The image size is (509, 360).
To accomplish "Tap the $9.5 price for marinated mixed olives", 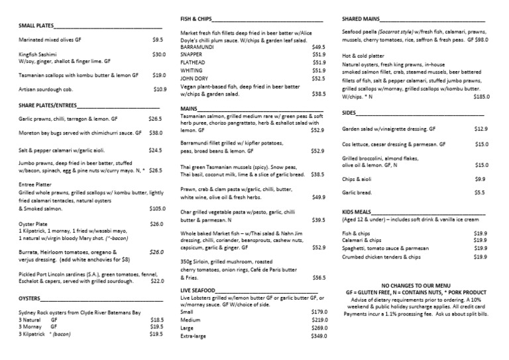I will click(x=157, y=40).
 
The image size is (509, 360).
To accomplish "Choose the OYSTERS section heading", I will click(x=29, y=298).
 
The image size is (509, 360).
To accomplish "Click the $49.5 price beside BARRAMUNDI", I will click(x=318, y=47).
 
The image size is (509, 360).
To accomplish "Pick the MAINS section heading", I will click(x=190, y=107).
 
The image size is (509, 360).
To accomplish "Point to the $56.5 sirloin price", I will click(x=319, y=277).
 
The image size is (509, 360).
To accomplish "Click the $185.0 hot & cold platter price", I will click(x=481, y=97).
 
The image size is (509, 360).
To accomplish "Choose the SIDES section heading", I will click(x=350, y=113).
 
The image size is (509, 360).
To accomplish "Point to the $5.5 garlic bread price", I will click(x=481, y=192).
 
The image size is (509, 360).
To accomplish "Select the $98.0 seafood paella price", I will click(x=479, y=39).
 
